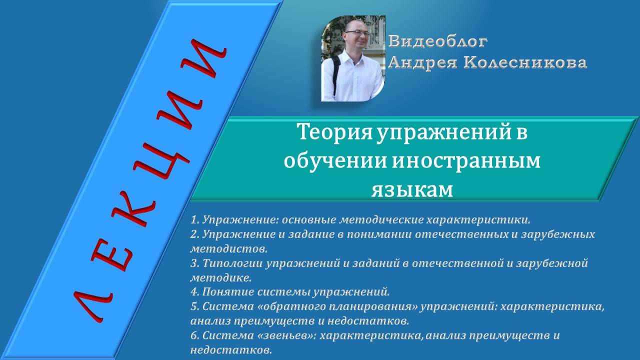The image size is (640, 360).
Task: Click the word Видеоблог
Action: click(438, 40)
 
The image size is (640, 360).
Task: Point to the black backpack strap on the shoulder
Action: click(335, 70)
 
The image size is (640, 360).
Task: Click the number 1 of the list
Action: click(194, 219)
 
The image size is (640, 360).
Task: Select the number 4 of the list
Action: click(194, 291)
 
